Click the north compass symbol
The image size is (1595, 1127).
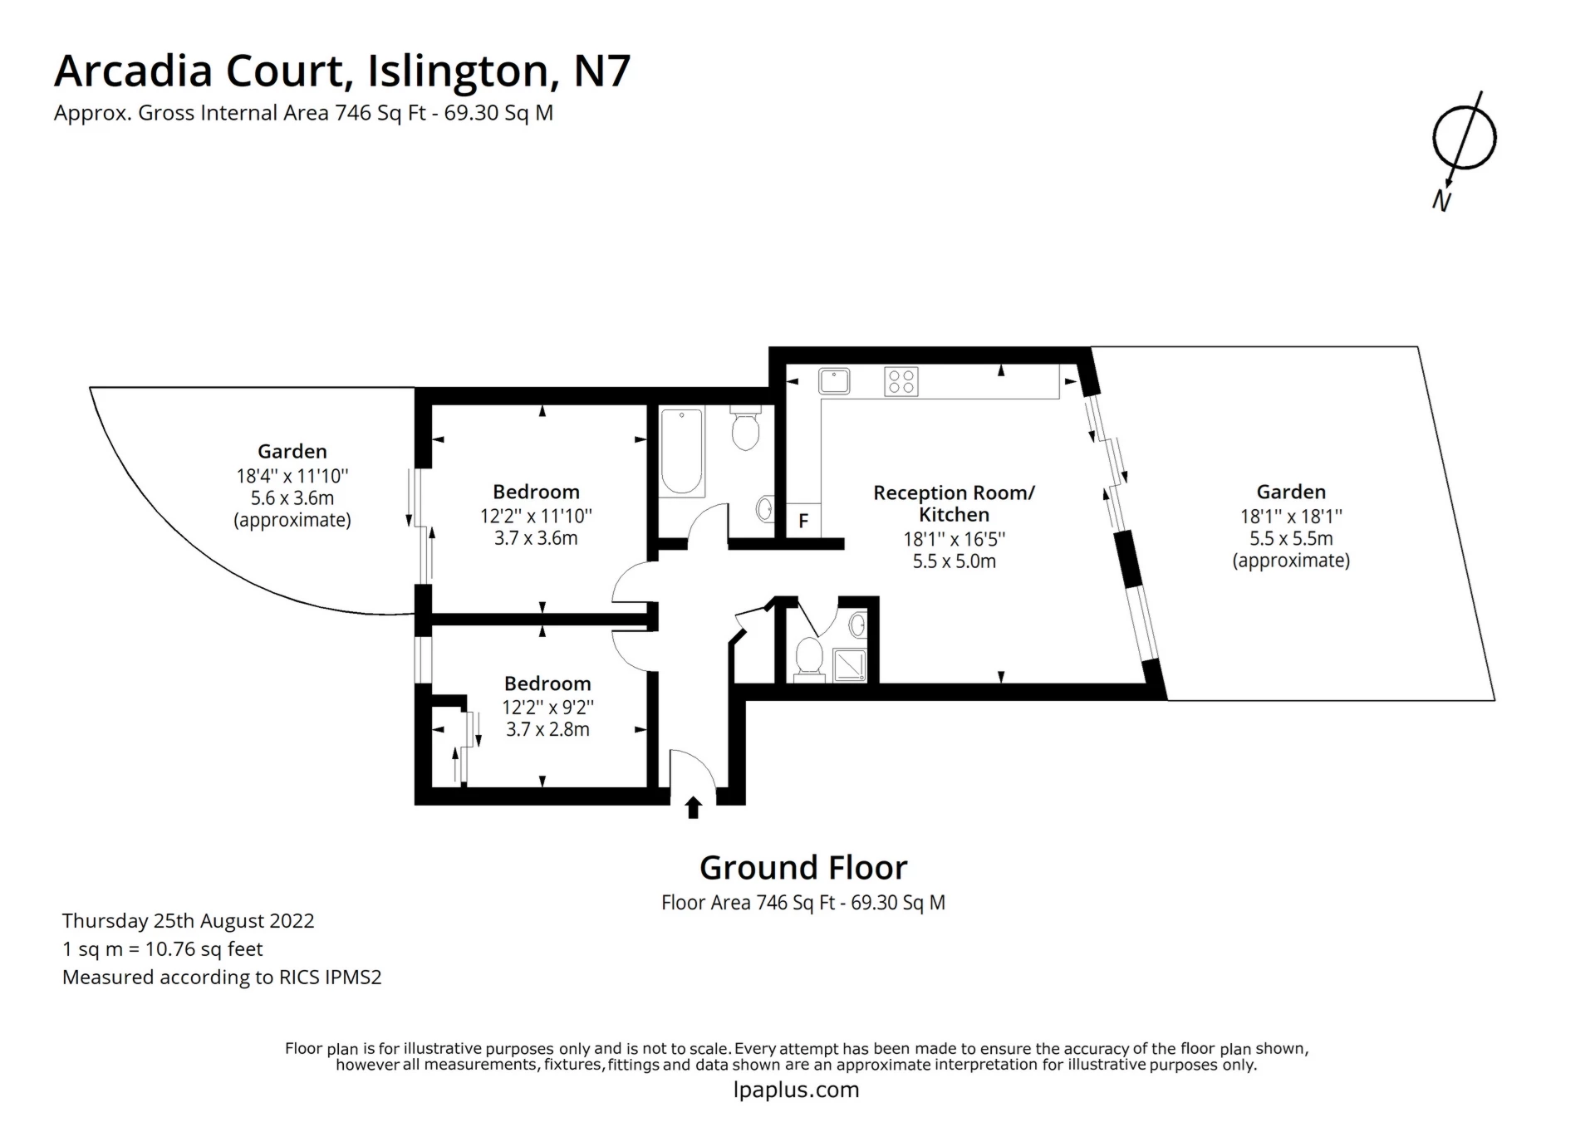click(x=1465, y=138)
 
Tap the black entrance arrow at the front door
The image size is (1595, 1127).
click(x=693, y=807)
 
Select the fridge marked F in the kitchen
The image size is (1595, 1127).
click(x=803, y=521)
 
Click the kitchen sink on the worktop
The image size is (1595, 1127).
click(x=834, y=381)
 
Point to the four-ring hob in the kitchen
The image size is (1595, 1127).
click(x=901, y=382)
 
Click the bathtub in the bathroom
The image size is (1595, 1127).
click(x=682, y=452)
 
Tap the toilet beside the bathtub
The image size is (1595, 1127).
click(x=745, y=427)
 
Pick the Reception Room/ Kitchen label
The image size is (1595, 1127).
click(x=954, y=503)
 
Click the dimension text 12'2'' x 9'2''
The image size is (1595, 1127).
click(x=547, y=708)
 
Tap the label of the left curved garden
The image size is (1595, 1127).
click(x=292, y=451)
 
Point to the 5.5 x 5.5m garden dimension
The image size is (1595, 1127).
click(x=1291, y=538)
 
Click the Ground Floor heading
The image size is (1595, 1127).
click(x=803, y=868)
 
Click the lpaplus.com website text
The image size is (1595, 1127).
click(x=797, y=1090)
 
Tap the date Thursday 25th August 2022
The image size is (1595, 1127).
click(x=189, y=921)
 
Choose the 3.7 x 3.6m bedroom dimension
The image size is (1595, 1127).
click(x=536, y=538)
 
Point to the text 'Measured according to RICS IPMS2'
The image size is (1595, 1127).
click(x=222, y=978)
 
